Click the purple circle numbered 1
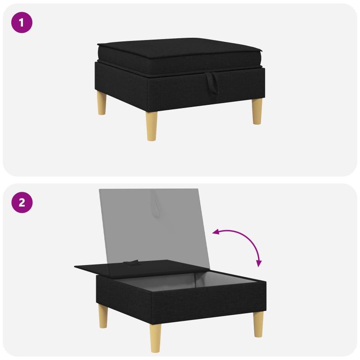(22, 22)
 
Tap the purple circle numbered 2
(22, 202)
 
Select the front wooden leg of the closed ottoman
(152, 126)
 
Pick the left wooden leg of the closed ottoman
(102, 103)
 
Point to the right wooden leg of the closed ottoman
(257, 112)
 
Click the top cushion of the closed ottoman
(180, 56)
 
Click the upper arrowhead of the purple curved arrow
(216, 232)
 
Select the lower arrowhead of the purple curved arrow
(259, 263)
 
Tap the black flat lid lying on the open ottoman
(142, 267)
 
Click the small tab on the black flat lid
(131, 262)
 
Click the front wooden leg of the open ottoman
(155, 338)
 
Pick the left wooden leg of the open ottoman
(103, 316)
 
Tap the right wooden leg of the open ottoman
(258, 324)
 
